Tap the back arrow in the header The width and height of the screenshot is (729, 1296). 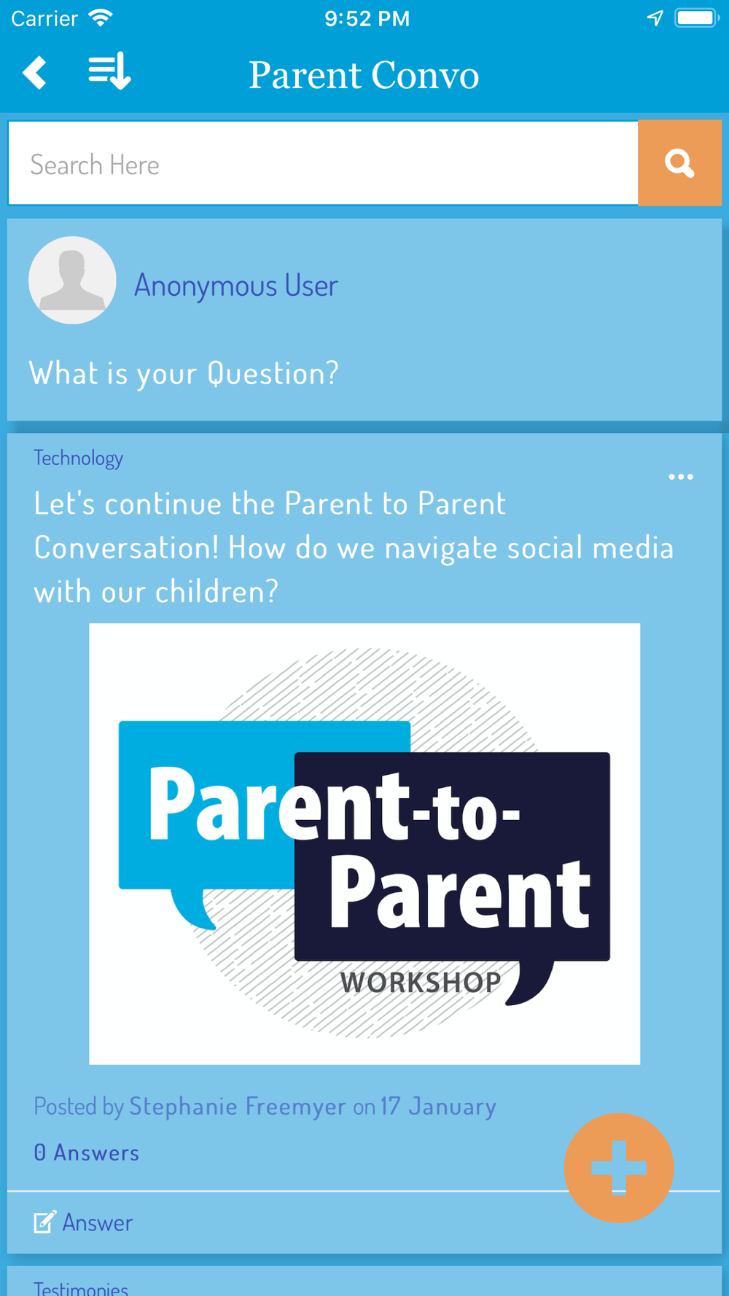click(x=35, y=73)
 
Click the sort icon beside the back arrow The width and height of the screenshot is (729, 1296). click(x=109, y=71)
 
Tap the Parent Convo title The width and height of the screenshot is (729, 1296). click(x=364, y=75)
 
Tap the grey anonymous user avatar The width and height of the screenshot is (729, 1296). click(x=72, y=280)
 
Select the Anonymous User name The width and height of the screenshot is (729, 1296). click(x=236, y=285)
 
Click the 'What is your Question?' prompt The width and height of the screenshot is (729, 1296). click(x=184, y=373)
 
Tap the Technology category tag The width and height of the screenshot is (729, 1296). click(x=78, y=458)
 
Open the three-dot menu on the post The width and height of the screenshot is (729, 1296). click(x=681, y=477)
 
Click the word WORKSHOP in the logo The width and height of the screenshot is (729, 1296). click(x=421, y=983)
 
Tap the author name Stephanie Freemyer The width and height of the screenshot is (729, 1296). click(x=238, y=1106)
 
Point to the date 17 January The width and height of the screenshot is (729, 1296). click(x=438, y=1106)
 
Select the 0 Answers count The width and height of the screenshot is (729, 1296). click(x=86, y=1152)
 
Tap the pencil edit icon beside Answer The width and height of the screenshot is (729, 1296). click(x=44, y=1222)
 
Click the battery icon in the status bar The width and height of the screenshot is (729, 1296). click(x=697, y=17)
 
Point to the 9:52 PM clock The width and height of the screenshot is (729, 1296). click(x=367, y=18)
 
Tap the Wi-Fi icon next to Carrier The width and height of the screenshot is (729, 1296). click(x=101, y=17)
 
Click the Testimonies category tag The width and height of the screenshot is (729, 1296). click(x=81, y=1288)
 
